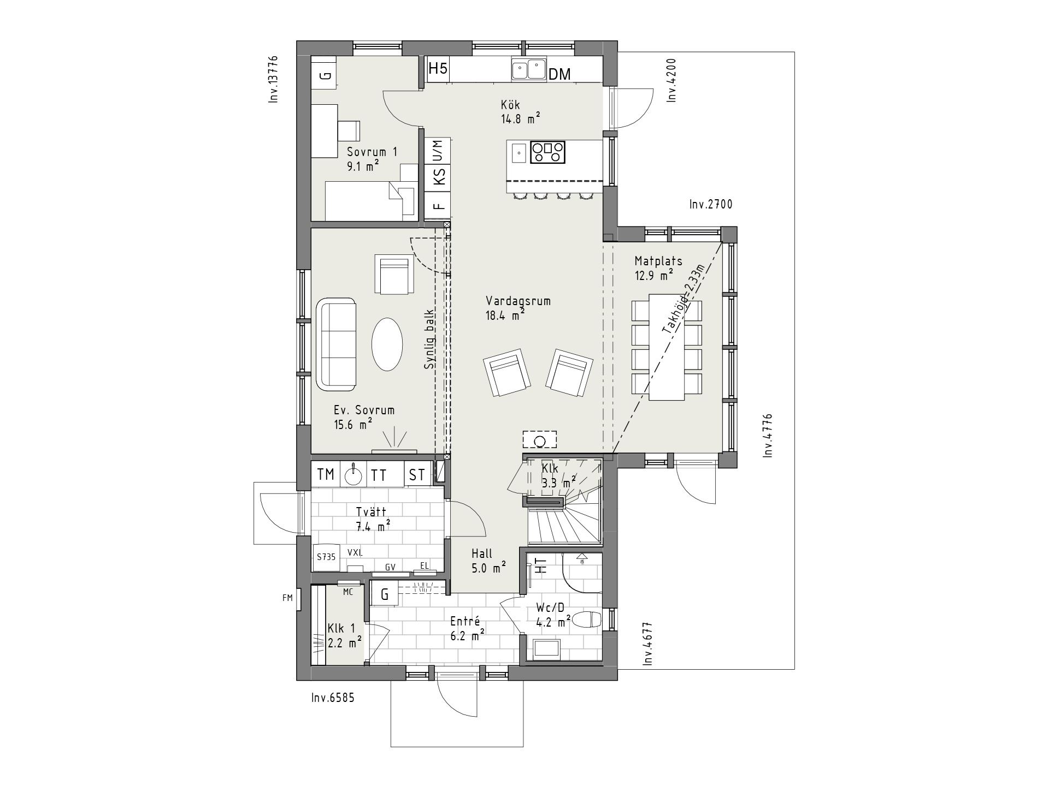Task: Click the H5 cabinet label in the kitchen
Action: (438, 69)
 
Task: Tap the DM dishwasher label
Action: (559, 74)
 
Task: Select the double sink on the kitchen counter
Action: (529, 69)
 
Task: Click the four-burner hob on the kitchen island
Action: (547, 152)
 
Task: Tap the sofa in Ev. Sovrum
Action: (336, 344)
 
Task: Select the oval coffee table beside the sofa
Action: (387, 345)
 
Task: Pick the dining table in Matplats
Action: (667, 348)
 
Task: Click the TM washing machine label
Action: (326, 475)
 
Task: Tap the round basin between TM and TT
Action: (353, 475)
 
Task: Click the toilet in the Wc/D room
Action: (588, 620)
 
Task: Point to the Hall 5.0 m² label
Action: (488, 561)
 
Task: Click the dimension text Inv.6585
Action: (333, 698)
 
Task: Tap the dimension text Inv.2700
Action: (710, 205)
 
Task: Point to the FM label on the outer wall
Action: (287, 598)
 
